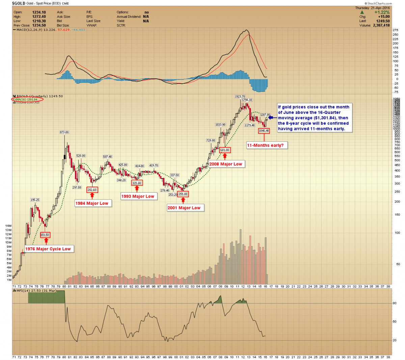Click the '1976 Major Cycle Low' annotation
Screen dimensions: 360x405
(48, 249)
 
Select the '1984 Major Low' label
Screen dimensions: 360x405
(92, 203)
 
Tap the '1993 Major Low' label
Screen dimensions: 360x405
(138, 196)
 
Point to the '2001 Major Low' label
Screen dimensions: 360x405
(184, 208)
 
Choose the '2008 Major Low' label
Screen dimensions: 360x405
(226, 164)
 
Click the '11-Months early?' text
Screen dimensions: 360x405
(265, 145)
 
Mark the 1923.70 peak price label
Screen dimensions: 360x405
(240, 96)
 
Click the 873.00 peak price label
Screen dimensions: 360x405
(64, 132)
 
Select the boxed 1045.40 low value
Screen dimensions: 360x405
(264, 131)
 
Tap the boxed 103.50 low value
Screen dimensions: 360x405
(45, 235)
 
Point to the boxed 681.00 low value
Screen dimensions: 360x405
(224, 150)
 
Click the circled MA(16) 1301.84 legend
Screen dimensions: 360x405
(28, 100)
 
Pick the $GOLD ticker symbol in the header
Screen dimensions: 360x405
(18, 3)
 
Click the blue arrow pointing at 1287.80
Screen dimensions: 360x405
(272, 118)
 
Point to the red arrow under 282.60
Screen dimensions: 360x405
(92, 195)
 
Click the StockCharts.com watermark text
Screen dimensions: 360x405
(379, 3)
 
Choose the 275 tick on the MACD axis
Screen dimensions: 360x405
(395, 30)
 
